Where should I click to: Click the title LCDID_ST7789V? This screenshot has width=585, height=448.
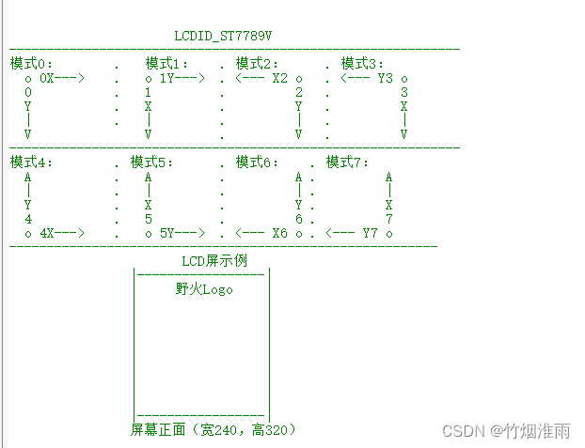tap(224, 36)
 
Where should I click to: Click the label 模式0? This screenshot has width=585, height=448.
tap(32, 63)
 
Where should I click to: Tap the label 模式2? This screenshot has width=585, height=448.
tap(258, 63)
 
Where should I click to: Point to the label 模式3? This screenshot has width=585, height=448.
tap(363, 63)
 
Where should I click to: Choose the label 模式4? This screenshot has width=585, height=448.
tap(32, 162)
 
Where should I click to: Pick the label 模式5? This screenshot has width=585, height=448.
tap(152, 162)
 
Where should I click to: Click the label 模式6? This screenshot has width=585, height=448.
tap(258, 162)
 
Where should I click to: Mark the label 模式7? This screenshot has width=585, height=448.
tap(348, 162)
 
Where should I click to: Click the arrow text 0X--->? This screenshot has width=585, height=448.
tap(62, 78)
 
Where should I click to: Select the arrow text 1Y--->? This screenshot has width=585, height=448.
tap(182, 78)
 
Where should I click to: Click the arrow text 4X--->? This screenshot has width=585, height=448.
tap(62, 232)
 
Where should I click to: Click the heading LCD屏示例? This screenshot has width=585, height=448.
tap(214, 260)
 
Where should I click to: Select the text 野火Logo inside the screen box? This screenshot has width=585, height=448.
tap(204, 288)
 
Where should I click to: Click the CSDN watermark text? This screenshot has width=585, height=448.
tap(505, 431)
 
